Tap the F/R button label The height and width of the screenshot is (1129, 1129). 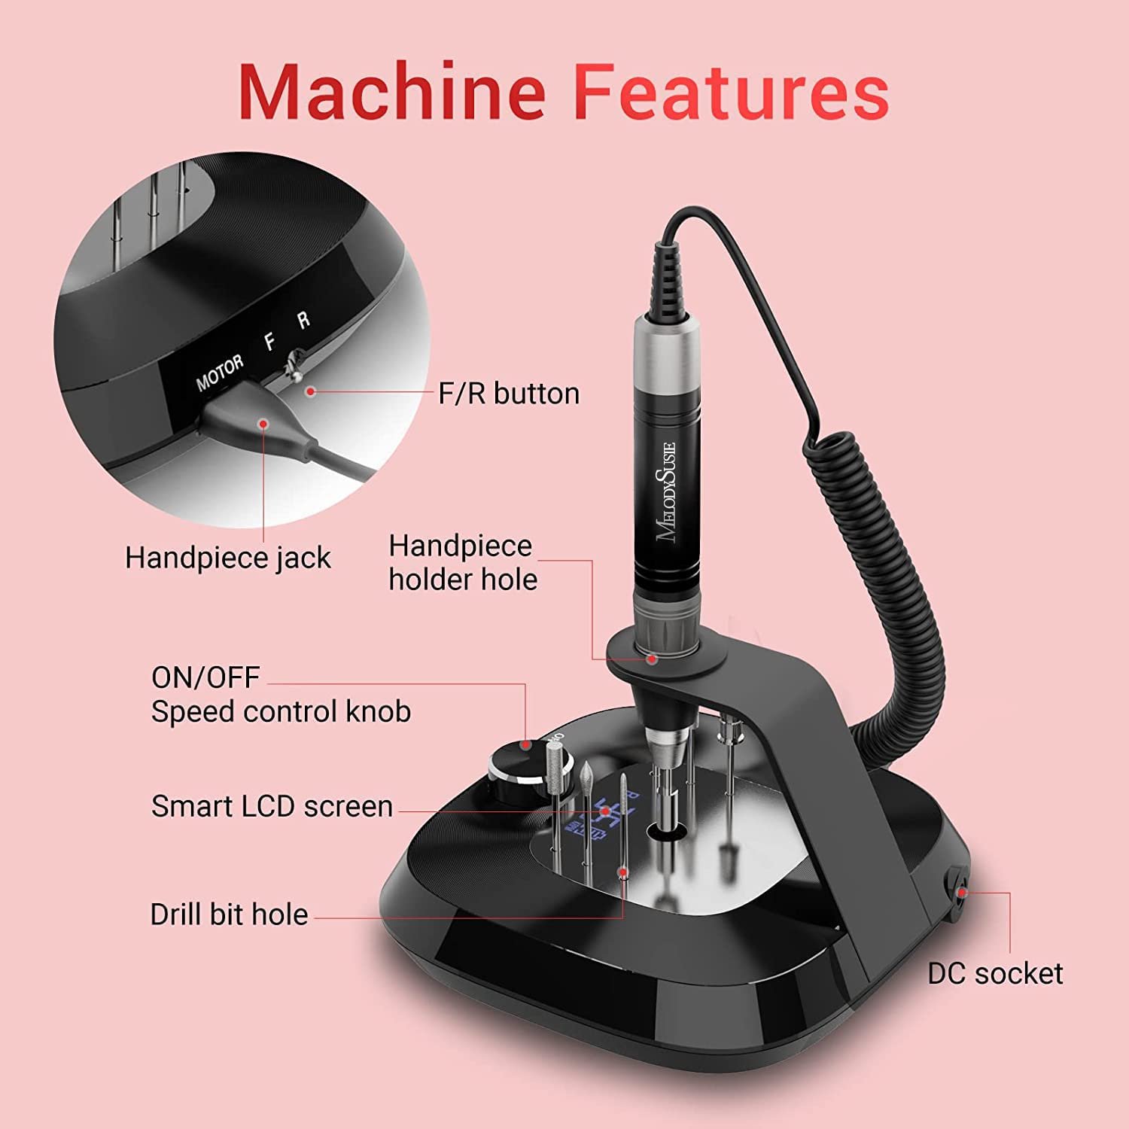pyautogui.click(x=509, y=394)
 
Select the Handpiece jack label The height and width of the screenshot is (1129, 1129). pyautogui.click(x=227, y=558)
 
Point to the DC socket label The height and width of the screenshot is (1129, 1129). pyautogui.click(x=994, y=973)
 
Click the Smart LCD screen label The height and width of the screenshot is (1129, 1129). pyautogui.click(x=272, y=806)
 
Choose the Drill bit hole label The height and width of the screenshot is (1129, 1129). pyautogui.click(x=229, y=914)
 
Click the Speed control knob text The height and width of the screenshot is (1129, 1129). pyautogui.click(x=281, y=711)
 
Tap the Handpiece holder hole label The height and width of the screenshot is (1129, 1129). pyautogui.click(x=462, y=562)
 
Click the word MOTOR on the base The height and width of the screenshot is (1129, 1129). pyautogui.click(x=220, y=373)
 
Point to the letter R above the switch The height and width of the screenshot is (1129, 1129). pyautogui.click(x=303, y=321)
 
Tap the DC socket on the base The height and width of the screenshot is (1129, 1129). pyautogui.click(x=959, y=893)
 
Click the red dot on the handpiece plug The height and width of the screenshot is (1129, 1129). pyautogui.click(x=263, y=423)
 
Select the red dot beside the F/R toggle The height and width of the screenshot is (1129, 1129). pyautogui.click(x=310, y=391)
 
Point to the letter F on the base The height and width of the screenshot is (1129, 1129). pyautogui.click(x=269, y=342)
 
